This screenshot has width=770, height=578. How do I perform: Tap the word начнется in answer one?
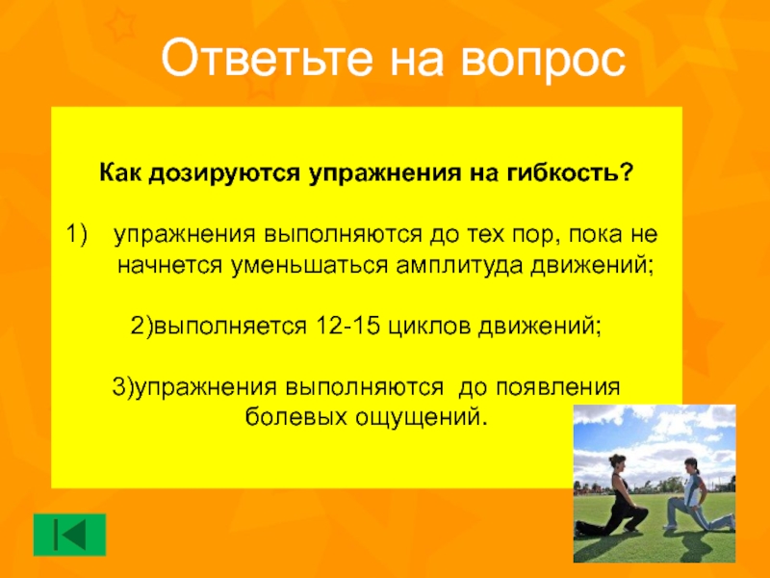coord(165,265)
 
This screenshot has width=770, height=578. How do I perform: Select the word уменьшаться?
coord(304,265)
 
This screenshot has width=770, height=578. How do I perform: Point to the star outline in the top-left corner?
coord(119,25)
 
